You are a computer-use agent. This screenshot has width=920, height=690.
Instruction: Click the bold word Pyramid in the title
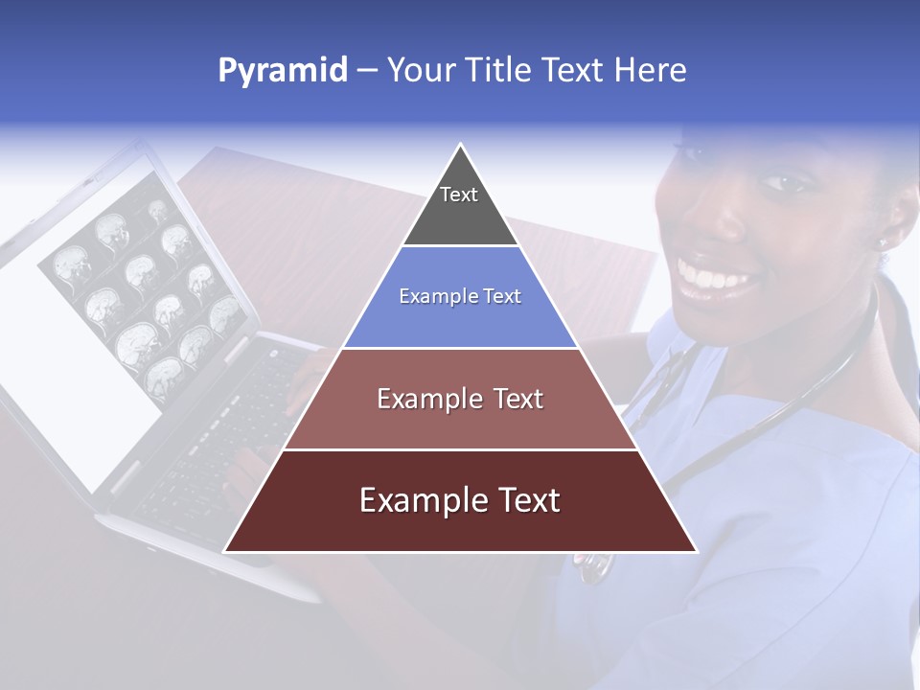tap(282, 71)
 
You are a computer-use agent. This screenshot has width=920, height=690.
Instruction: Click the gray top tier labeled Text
tap(459, 206)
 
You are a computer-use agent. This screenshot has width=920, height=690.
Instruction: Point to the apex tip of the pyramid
tap(460, 146)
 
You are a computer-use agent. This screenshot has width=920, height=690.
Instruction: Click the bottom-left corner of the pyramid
tap(226, 551)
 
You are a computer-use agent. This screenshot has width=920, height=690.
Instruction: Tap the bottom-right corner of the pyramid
tap(695, 551)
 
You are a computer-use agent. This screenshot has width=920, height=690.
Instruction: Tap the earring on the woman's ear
tap(884, 243)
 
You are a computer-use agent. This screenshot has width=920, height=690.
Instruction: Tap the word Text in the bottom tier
tap(525, 501)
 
